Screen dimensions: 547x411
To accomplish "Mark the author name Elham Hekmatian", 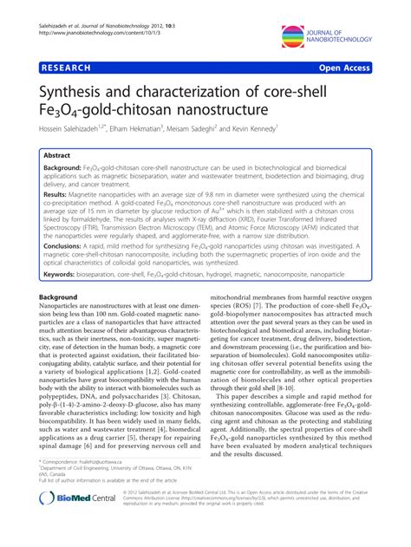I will [147, 128].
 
